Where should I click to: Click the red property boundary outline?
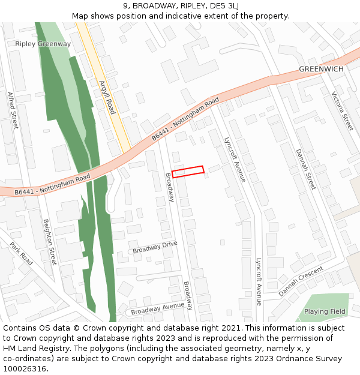pos(188,172)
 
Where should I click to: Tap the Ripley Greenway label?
pos(43,44)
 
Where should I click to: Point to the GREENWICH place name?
pos(321,69)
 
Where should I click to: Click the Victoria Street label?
pos(342,112)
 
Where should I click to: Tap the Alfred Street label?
pos(13,110)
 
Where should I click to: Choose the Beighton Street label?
pos(49,241)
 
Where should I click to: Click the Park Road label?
pos(21,254)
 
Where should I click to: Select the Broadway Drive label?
pos(155,247)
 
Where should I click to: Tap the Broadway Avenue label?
pos(158,308)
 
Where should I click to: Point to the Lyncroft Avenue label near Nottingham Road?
pos(234,159)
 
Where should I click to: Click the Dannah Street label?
pos(305,169)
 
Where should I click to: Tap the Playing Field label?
pos(325,311)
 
